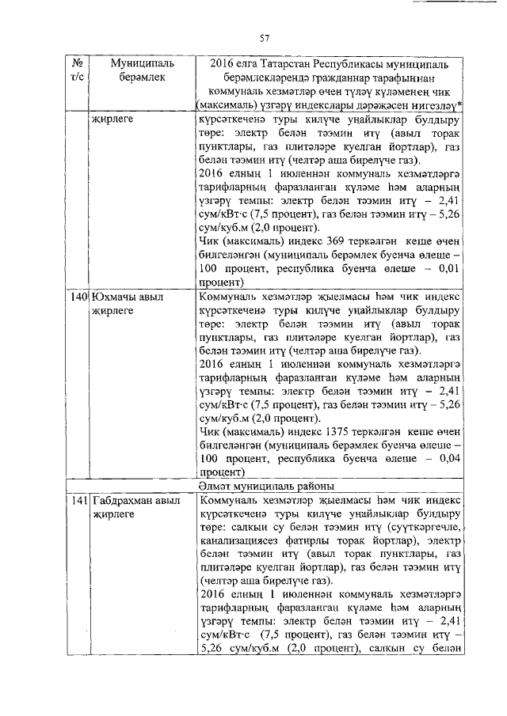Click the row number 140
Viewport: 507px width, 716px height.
78,297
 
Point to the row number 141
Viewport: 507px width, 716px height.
78,502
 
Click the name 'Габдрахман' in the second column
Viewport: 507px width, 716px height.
128,502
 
